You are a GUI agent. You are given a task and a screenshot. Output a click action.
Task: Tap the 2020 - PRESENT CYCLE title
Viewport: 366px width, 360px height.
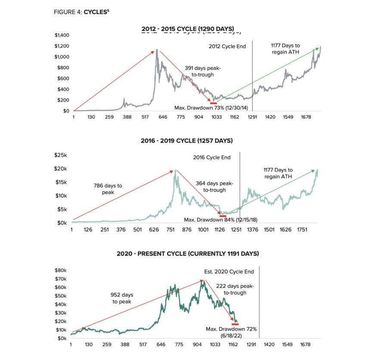coord(187,254)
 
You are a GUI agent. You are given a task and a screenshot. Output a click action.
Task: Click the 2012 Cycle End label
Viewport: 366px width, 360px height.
coord(227,46)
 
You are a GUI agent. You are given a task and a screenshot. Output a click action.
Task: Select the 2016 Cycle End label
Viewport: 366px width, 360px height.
coord(211,158)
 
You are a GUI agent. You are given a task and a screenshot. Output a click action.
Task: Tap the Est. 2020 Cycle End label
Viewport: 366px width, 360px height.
coord(229,272)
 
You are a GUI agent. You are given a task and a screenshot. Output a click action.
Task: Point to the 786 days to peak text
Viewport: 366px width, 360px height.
coord(108,189)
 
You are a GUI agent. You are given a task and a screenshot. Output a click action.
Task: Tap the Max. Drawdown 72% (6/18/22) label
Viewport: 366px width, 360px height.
coord(231,332)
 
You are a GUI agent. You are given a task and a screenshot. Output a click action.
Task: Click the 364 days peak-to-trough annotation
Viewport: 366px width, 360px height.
coord(214,186)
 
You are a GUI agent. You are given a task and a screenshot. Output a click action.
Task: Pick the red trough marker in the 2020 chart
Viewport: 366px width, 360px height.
coord(235,324)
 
